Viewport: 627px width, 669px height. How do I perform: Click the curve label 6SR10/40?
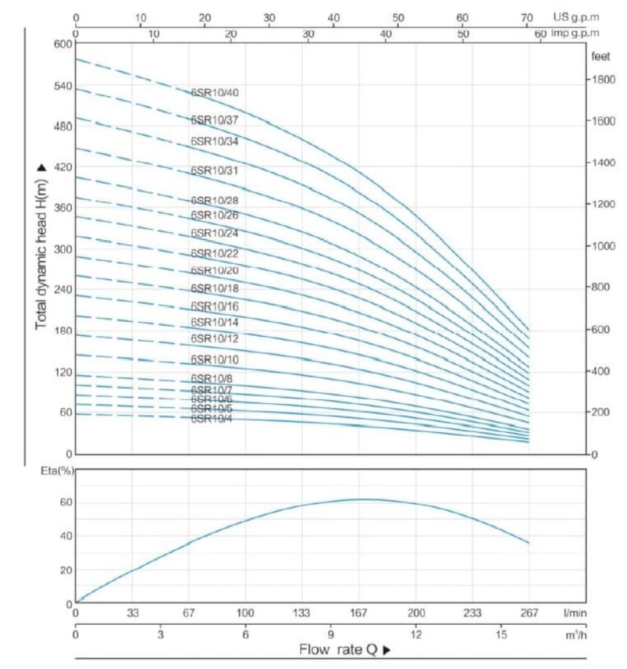pyautogui.click(x=215, y=92)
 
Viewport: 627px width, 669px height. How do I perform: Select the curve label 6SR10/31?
pyautogui.click(x=215, y=171)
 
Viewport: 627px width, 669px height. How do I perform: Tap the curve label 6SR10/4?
pyautogui.click(x=212, y=419)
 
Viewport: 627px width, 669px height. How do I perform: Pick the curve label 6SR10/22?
pyautogui.click(x=215, y=254)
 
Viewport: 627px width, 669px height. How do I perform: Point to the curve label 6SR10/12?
pyautogui.click(x=215, y=339)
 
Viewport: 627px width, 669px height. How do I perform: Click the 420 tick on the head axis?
pyautogui.click(x=61, y=167)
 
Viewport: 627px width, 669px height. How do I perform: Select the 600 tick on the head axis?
pyautogui.click(x=61, y=44)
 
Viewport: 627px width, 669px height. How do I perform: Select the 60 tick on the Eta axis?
pyautogui.click(x=65, y=503)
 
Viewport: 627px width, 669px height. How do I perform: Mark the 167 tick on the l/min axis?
pyautogui.click(x=360, y=612)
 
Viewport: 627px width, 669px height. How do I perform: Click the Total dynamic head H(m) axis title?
pyautogui.click(x=41, y=246)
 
